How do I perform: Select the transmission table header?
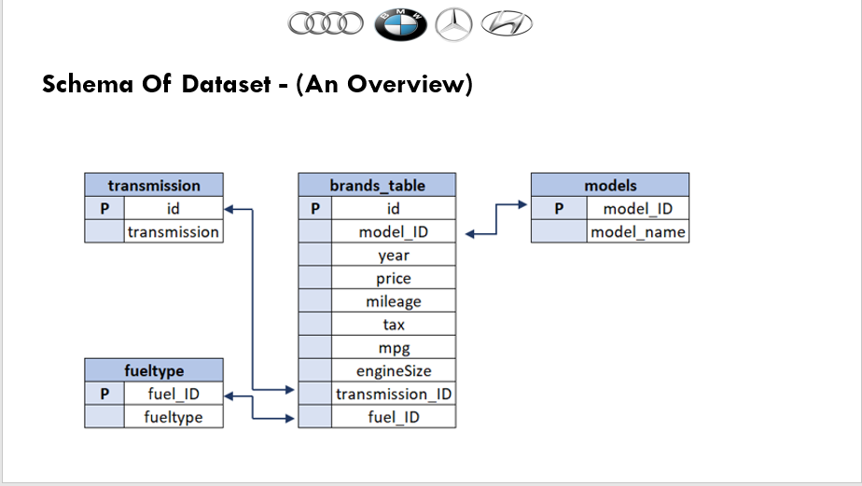154,185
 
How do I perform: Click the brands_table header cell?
377,185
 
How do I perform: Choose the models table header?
610,185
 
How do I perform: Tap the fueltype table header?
154,370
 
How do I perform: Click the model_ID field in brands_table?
394,231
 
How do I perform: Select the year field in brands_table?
394,255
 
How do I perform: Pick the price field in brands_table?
394,278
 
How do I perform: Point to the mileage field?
394,301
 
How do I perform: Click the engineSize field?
394,370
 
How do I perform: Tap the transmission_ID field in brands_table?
394,394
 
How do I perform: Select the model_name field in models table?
638,231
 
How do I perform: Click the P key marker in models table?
559,208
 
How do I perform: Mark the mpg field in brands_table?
394,347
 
